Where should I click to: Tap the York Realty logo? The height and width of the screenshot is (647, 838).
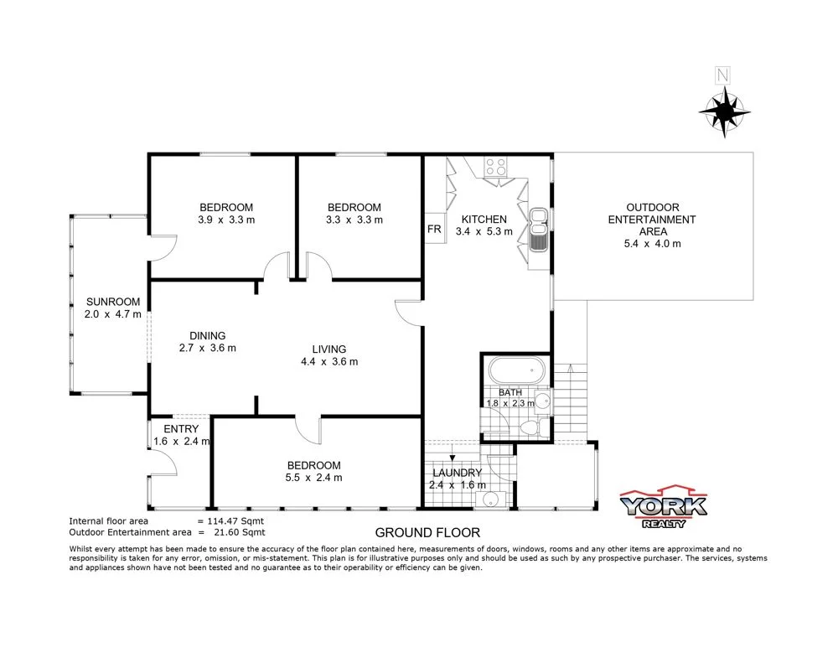[663, 507]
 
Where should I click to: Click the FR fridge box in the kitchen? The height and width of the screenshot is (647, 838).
[434, 229]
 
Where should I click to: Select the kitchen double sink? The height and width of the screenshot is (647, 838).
[537, 229]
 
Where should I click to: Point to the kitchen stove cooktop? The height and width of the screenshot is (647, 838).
[496, 167]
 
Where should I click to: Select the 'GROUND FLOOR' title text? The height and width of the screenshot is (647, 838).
[427, 532]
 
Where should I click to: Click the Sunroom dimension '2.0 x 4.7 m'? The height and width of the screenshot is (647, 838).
[112, 315]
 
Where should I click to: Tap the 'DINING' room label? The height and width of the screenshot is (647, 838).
[207, 335]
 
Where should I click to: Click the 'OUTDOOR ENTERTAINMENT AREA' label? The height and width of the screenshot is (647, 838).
[653, 220]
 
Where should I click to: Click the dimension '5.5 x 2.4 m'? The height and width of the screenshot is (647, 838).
[314, 478]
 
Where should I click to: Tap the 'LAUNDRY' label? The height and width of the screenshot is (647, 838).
[457, 472]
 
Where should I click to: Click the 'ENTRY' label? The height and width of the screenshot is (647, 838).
[181, 429]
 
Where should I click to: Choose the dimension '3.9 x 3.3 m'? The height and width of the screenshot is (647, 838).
[225, 220]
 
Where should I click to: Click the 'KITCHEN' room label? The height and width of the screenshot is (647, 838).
[484, 219]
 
